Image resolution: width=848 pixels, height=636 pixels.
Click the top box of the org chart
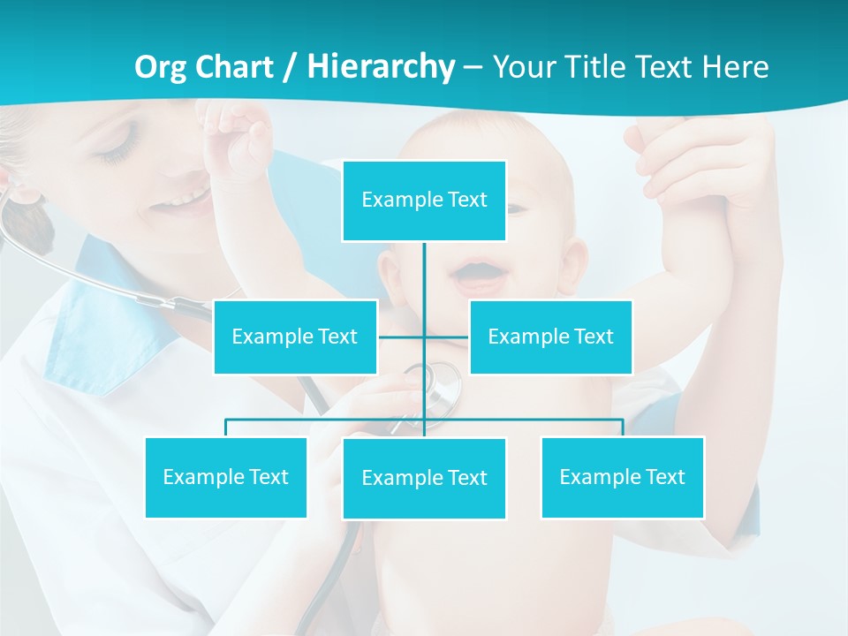tap(424, 201)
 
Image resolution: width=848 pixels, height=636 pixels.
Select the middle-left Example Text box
tap(295, 337)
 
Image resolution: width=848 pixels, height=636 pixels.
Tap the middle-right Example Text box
tap(550, 337)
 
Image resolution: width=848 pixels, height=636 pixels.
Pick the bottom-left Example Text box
tap(225, 477)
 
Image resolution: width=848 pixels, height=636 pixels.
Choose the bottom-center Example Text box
tap(424, 478)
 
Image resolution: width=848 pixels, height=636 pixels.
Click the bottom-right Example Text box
tap(622, 477)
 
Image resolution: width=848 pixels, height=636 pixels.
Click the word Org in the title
tap(161, 67)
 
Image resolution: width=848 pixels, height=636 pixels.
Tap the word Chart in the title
tap(235, 67)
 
